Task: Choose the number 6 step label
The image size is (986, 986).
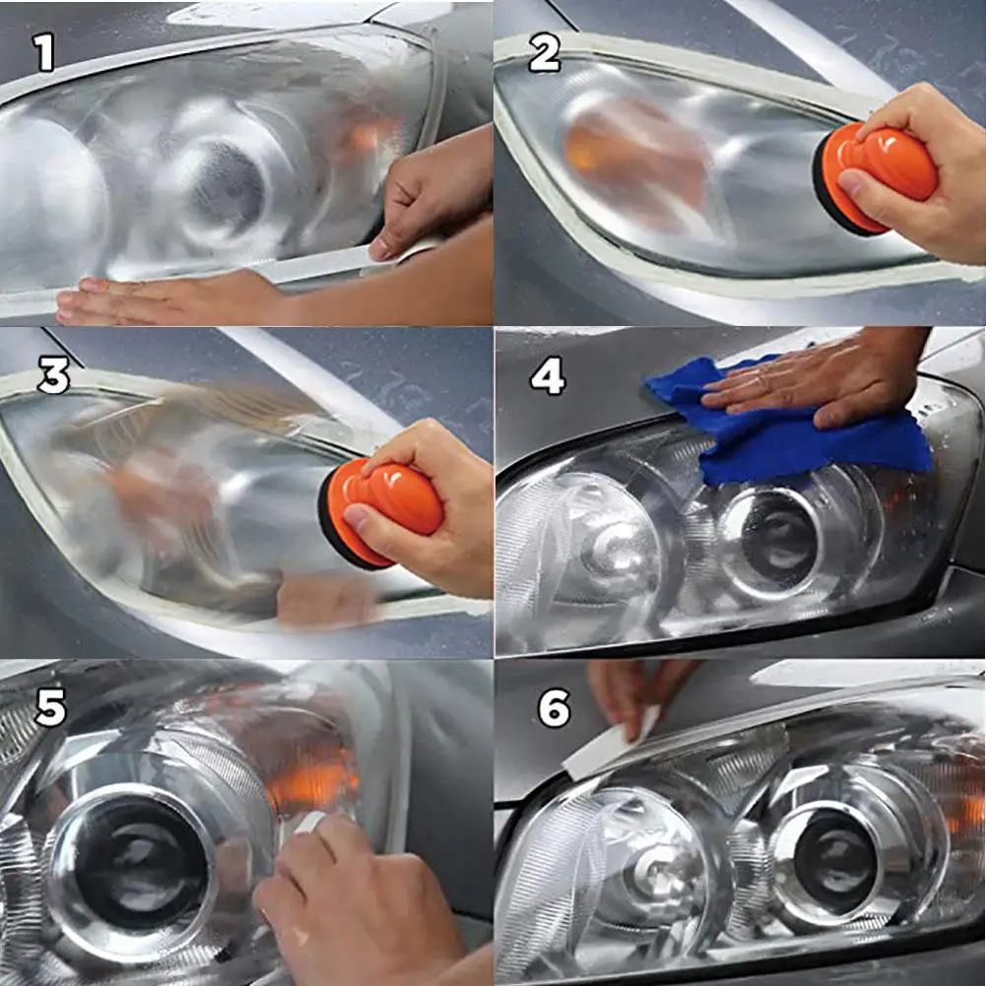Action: pos(554,708)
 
